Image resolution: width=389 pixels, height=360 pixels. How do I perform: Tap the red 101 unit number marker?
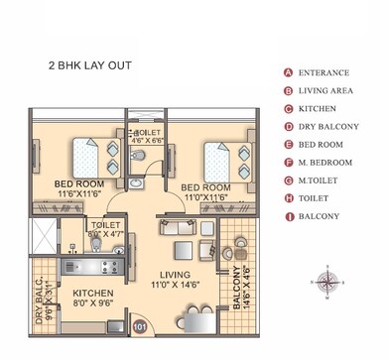click(140, 322)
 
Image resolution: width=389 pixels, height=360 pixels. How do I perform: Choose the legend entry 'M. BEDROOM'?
click(324, 162)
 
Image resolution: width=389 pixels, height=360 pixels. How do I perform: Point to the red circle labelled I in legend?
click(288, 215)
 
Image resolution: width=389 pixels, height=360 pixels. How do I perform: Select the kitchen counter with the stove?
click(91, 266)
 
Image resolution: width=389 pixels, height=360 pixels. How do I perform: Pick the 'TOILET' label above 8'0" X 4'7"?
click(105, 225)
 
